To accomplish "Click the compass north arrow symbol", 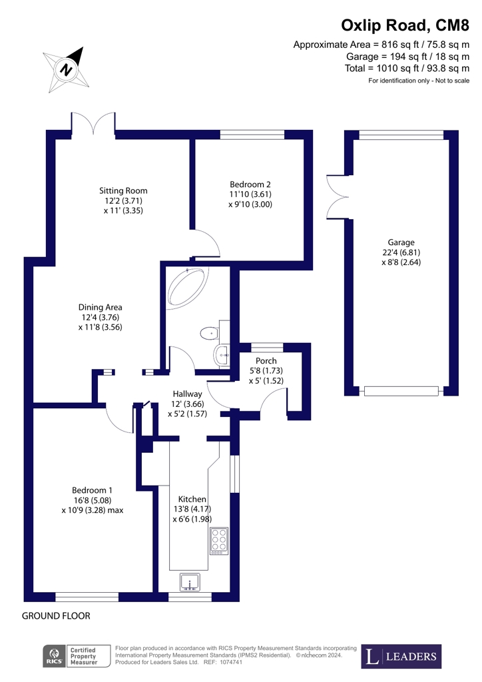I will click(x=66, y=69).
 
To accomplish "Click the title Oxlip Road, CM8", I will click(x=405, y=25).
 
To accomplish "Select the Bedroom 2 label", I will click(x=250, y=194).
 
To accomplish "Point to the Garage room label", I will click(x=401, y=252).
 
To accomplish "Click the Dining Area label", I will click(x=100, y=317).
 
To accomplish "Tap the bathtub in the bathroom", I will click(x=188, y=287).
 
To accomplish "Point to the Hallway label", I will click(x=187, y=404).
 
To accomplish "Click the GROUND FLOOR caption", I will click(x=56, y=616).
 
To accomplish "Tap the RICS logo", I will click(x=53, y=656).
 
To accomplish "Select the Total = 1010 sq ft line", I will click(x=407, y=69).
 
